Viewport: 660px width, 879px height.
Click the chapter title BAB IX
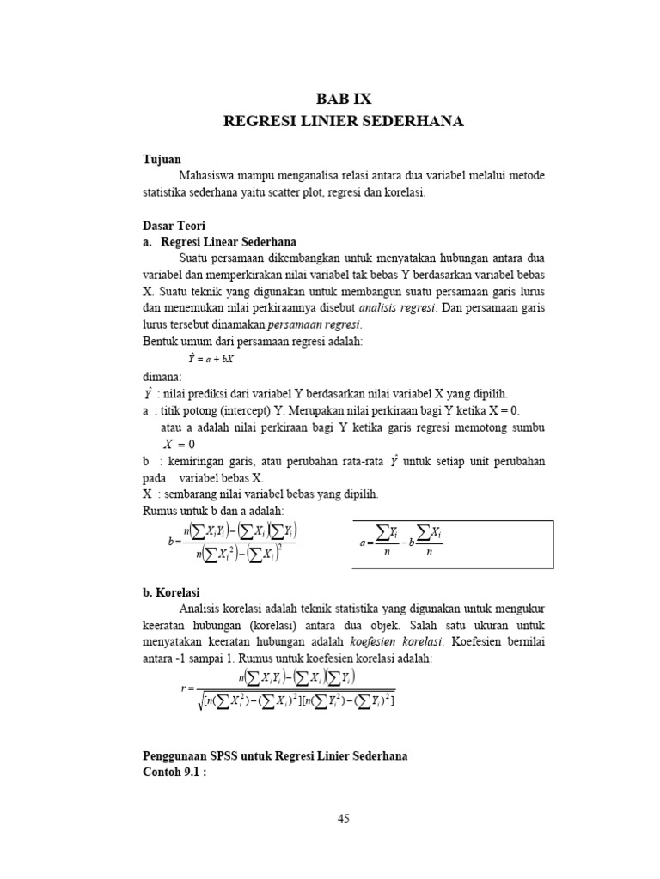tap(343, 98)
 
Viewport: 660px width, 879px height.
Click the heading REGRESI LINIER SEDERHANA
tap(343, 122)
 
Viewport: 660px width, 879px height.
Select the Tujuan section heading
tap(162, 160)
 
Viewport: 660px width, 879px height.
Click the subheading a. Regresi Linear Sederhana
tap(219, 242)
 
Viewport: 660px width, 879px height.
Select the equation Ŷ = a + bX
tap(212, 358)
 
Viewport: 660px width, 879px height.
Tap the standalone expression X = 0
tap(180, 444)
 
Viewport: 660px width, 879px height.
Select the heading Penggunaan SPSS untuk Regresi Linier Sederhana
tap(275, 755)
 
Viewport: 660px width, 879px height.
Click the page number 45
tap(343, 819)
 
